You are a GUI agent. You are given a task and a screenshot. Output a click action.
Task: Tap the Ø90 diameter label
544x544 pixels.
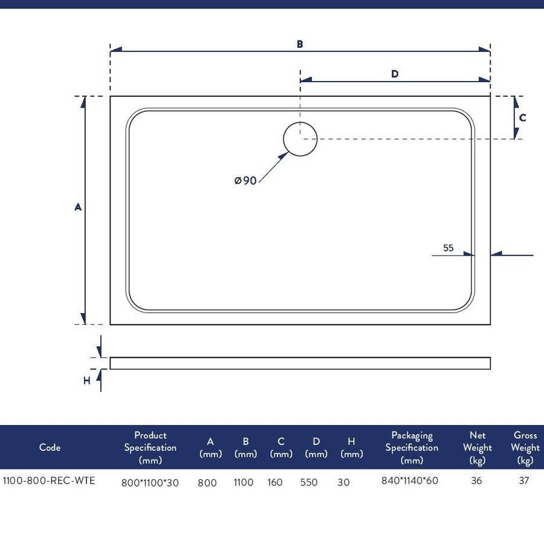coord(245,180)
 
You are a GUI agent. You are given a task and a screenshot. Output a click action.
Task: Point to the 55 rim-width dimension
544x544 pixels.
coord(448,248)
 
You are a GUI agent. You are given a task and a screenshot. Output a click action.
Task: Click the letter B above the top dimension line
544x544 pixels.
coord(300,44)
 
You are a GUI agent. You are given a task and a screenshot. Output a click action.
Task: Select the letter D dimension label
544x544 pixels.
coord(395,74)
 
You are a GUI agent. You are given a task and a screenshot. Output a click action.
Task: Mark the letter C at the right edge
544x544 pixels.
coord(522,118)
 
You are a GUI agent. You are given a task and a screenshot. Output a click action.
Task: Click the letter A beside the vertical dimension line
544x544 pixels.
coord(78,207)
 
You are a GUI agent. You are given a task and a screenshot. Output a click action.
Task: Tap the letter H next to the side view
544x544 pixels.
coord(86,381)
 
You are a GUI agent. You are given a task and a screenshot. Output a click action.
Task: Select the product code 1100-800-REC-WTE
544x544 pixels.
coord(48,481)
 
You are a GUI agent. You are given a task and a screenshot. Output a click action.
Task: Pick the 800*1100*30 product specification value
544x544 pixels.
coord(150,482)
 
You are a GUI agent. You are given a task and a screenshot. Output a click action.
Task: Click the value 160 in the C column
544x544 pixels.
coord(275,482)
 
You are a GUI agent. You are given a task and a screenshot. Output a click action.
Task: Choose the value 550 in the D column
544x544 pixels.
coord(309,482)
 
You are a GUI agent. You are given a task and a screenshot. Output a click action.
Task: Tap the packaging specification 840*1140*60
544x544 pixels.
coord(410,481)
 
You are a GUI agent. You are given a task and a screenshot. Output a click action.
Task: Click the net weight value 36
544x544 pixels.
coord(476,481)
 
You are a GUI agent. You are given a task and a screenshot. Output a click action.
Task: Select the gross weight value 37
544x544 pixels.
coord(524,481)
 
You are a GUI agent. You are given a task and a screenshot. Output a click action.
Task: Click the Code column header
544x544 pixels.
coord(50,447)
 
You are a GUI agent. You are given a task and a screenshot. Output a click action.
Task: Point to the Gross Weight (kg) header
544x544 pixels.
coord(525,447)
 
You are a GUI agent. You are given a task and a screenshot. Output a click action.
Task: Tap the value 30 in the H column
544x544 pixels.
coord(343,482)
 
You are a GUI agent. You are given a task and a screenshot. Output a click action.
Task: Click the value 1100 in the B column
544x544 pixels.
coord(244,482)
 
